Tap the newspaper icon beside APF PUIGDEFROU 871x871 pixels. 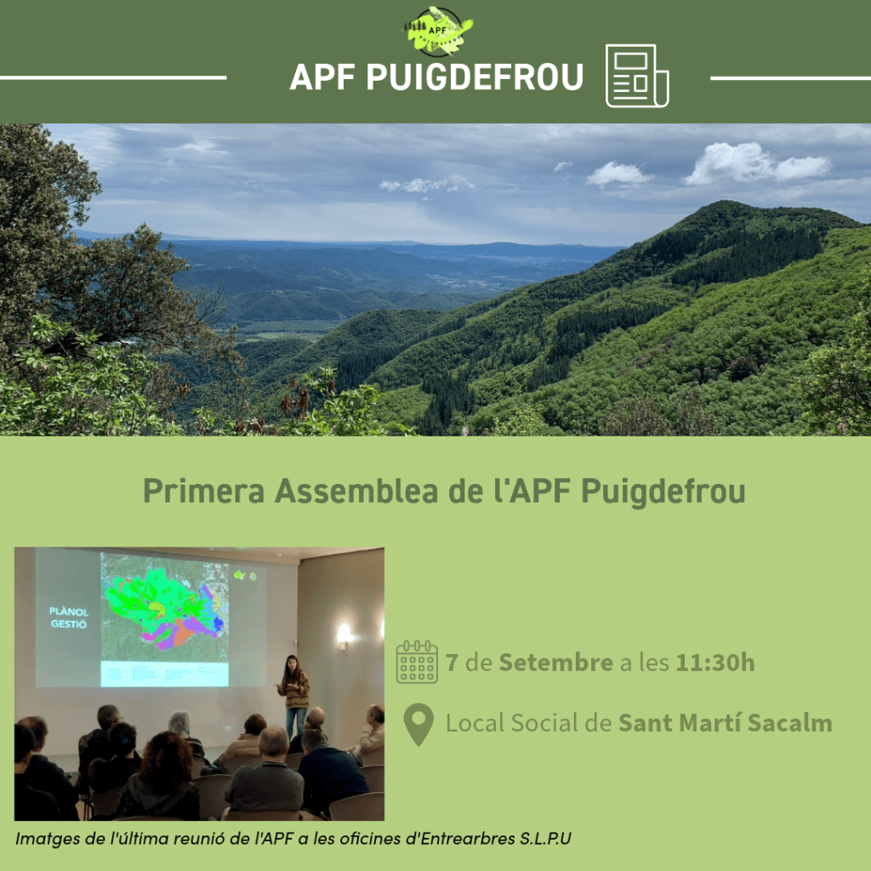[637, 77]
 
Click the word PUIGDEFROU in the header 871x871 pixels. [475, 77]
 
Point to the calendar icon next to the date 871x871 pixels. [417, 663]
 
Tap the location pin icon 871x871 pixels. [418, 724]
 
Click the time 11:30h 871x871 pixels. [715, 663]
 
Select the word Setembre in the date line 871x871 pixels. [555, 663]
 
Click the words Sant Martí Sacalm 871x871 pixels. [725, 724]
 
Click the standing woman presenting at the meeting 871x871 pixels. [294, 693]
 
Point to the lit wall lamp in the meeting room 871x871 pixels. [344, 633]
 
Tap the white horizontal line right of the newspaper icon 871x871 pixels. [790, 78]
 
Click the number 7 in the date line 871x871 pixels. [452, 663]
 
